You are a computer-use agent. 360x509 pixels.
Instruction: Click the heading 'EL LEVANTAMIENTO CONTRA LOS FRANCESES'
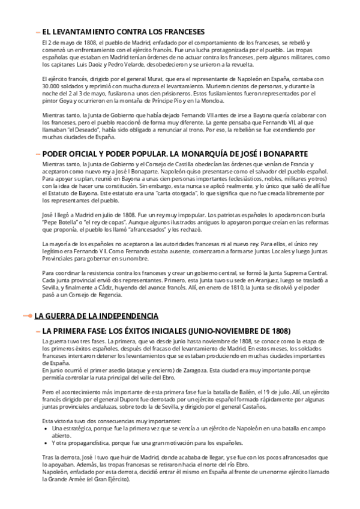[123, 32]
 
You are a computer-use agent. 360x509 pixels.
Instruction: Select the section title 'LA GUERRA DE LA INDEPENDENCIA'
[96, 316]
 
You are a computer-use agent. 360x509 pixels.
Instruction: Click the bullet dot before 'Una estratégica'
[47, 429]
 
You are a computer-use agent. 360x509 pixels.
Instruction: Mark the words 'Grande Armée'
[71, 479]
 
